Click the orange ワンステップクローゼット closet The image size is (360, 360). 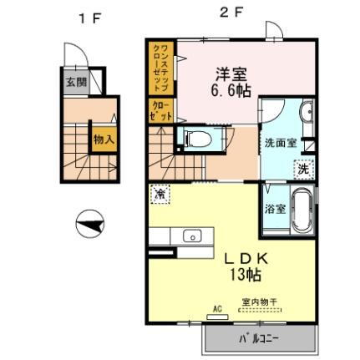point(160,67)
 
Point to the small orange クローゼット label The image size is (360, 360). point(159,112)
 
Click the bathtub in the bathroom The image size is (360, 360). point(301,211)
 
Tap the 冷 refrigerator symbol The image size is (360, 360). point(160,193)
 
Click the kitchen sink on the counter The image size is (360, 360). point(190,236)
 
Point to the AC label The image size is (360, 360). point(217,309)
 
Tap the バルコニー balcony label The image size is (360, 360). point(261,340)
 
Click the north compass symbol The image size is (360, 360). point(90,223)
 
